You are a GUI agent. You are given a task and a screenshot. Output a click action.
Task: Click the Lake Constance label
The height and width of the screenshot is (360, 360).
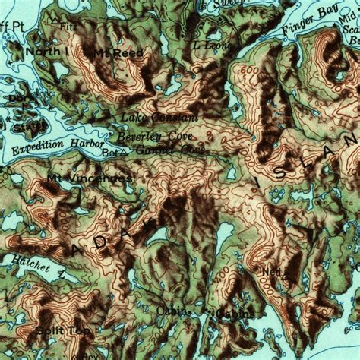[x=159, y=118]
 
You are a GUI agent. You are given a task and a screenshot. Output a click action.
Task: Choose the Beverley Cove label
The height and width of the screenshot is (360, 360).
[x=155, y=136]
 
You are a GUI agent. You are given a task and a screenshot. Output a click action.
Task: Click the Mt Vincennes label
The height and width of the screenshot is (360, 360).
[x=89, y=178]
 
